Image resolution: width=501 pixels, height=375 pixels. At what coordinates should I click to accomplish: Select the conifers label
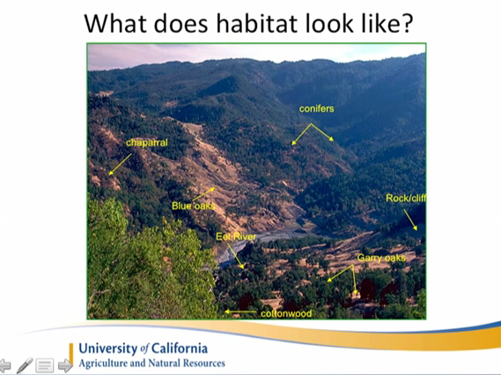[x=317, y=109]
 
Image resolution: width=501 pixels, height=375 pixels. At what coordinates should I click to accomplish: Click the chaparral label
[x=147, y=143]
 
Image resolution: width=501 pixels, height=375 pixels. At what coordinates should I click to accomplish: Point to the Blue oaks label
[x=194, y=206]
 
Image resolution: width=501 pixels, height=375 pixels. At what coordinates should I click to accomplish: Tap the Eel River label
[x=236, y=237]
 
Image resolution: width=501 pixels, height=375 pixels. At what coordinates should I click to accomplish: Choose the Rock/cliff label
[x=406, y=198]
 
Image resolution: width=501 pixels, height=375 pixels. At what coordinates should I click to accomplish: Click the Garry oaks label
[x=381, y=258]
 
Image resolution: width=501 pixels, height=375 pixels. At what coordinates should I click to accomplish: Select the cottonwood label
[x=286, y=313]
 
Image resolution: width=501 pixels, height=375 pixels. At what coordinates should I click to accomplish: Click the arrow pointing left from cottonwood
[x=240, y=312]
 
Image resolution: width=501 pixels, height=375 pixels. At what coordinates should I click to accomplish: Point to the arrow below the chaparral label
[x=120, y=165]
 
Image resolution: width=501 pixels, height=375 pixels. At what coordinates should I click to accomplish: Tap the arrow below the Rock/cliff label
[x=410, y=220]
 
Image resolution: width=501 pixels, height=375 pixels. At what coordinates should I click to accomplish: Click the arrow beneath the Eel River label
[x=235, y=256]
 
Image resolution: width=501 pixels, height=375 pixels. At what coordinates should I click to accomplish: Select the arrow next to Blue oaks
[x=203, y=195]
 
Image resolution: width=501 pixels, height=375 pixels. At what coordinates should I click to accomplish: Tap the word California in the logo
[x=180, y=349]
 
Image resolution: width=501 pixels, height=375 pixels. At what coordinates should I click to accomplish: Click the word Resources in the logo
[x=204, y=364]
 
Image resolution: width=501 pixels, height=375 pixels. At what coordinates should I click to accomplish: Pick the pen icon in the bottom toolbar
[x=25, y=365]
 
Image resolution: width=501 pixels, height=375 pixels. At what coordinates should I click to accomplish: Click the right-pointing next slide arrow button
[x=65, y=365]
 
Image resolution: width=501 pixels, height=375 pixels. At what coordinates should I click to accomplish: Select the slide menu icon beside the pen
[x=45, y=365]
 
